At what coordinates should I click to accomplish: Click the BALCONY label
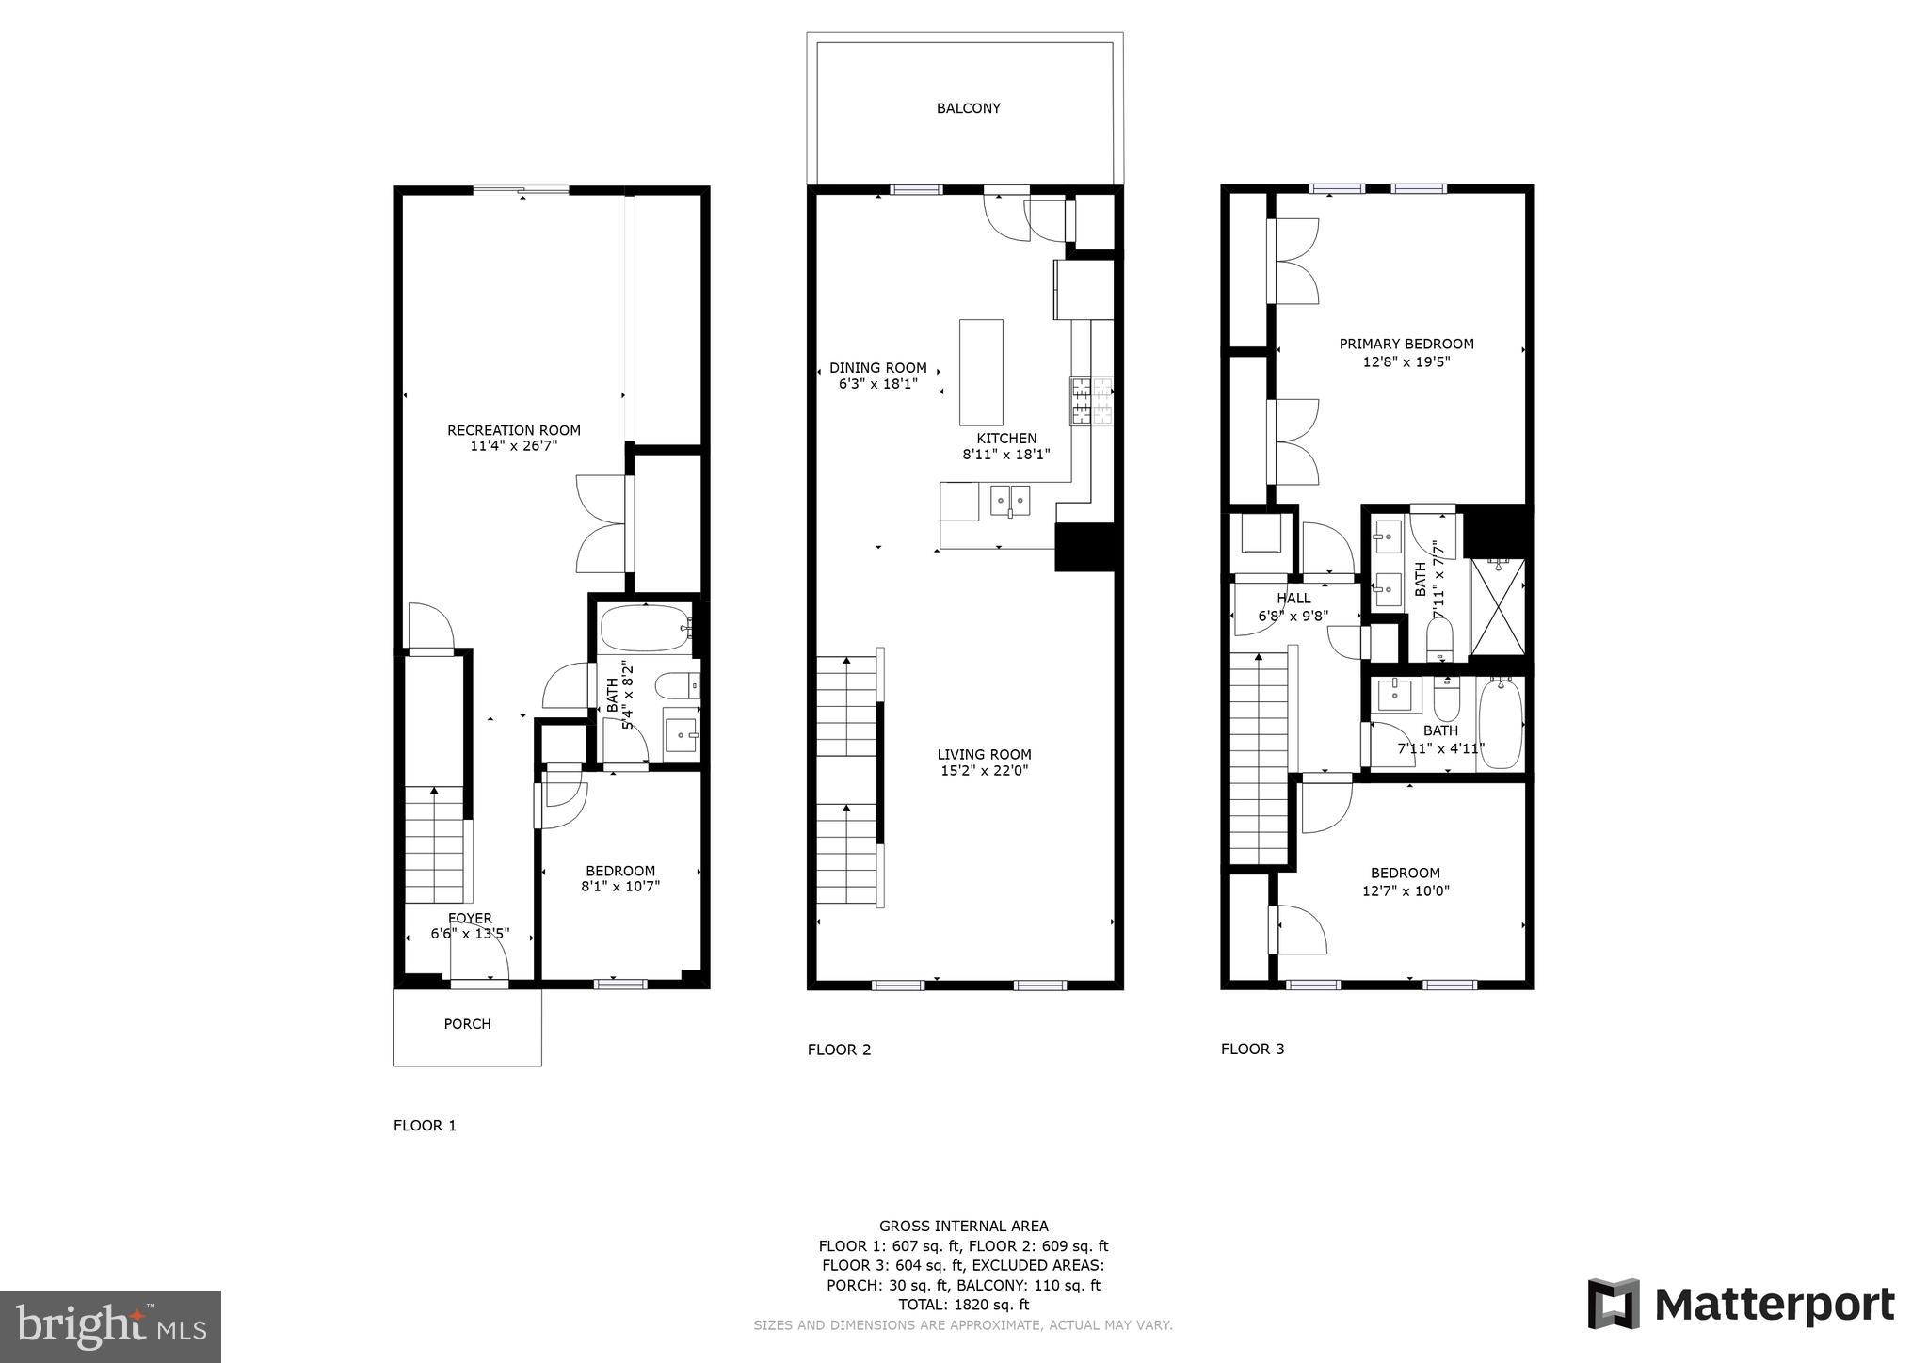(968, 108)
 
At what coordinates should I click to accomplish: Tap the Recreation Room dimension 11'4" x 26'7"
(514, 446)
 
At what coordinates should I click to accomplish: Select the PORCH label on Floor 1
(467, 1024)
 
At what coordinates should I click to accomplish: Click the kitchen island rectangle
(980, 373)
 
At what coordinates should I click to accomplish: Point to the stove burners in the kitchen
(1091, 400)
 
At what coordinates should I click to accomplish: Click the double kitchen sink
(1009, 498)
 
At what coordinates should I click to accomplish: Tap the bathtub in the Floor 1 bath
(645, 629)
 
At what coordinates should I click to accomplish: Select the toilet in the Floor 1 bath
(676, 685)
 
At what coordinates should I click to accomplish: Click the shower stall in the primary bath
(1497, 606)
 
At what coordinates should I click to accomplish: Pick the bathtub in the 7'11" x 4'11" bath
(1500, 723)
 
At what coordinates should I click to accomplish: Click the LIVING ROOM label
(984, 754)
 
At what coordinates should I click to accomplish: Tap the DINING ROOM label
(877, 368)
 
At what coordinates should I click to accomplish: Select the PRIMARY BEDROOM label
(1406, 345)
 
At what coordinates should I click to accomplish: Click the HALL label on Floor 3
(1293, 598)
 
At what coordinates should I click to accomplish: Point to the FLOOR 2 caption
(839, 1050)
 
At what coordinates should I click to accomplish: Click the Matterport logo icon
(1614, 1304)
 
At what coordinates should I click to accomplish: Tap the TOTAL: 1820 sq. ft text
(963, 1305)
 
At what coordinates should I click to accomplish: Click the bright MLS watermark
(110, 1326)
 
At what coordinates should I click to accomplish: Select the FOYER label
(470, 918)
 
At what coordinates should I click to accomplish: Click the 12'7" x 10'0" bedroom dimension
(1406, 890)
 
